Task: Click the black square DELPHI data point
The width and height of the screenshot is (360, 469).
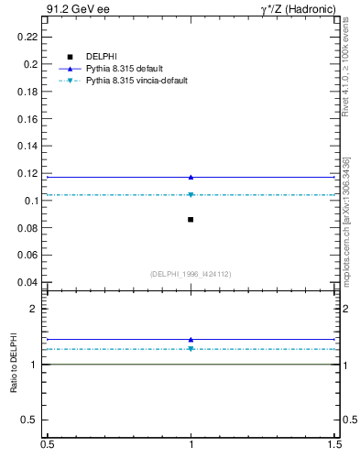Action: tap(191, 220)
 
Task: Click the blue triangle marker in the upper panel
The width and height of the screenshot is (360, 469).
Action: tap(191, 177)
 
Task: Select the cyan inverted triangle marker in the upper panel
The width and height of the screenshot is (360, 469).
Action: tap(191, 195)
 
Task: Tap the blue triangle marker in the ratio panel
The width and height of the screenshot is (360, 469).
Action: tap(191, 339)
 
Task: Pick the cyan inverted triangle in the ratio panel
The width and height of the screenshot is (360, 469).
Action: tap(191, 349)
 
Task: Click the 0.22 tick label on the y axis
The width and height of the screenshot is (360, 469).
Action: tap(29, 37)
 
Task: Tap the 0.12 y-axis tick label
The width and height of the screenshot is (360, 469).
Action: tap(29, 173)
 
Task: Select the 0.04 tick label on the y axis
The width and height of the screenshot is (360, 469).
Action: tap(29, 282)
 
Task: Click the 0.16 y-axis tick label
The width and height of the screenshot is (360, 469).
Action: tap(29, 118)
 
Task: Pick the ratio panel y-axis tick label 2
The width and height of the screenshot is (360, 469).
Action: tap(34, 310)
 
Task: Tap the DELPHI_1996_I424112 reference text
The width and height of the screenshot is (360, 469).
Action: tap(191, 274)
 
